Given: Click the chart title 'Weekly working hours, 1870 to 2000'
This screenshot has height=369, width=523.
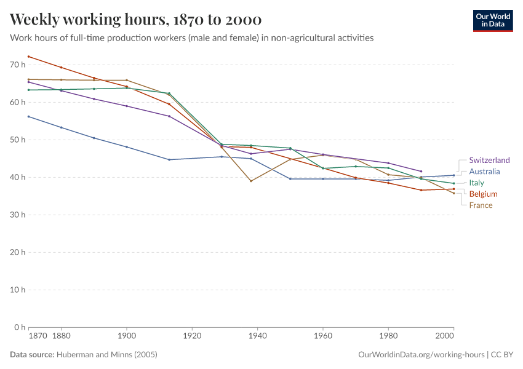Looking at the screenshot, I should [x=136, y=19].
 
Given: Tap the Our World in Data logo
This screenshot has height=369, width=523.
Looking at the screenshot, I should [x=492, y=20].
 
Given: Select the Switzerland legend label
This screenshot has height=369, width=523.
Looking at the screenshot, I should [x=489, y=161].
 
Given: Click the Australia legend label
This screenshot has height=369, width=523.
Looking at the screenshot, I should [x=484, y=172].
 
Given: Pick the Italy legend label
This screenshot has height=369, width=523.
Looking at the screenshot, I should [x=476, y=183].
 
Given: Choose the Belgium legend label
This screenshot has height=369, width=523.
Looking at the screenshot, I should [x=483, y=194].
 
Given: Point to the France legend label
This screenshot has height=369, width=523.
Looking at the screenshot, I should [x=481, y=205].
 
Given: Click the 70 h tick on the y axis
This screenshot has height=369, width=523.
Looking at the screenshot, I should [x=17, y=65].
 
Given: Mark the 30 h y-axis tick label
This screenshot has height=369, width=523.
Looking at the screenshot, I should [x=17, y=215].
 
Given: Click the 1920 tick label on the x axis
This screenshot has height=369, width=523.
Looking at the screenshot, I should [x=192, y=337].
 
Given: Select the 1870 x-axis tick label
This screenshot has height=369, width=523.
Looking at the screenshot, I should [x=37, y=337].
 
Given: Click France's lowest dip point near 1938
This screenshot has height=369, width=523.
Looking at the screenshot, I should [x=251, y=181].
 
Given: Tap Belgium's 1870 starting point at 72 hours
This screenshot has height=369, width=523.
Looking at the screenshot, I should [x=29, y=57].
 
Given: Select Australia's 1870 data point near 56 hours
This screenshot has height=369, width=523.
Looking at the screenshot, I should [x=29, y=116].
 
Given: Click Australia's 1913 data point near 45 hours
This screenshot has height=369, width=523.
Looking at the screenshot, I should [x=169, y=159].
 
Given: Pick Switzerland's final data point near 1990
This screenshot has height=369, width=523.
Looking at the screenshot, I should [x=421, y=171].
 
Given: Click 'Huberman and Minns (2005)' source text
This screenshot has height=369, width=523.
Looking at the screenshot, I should [x=106, y=355].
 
